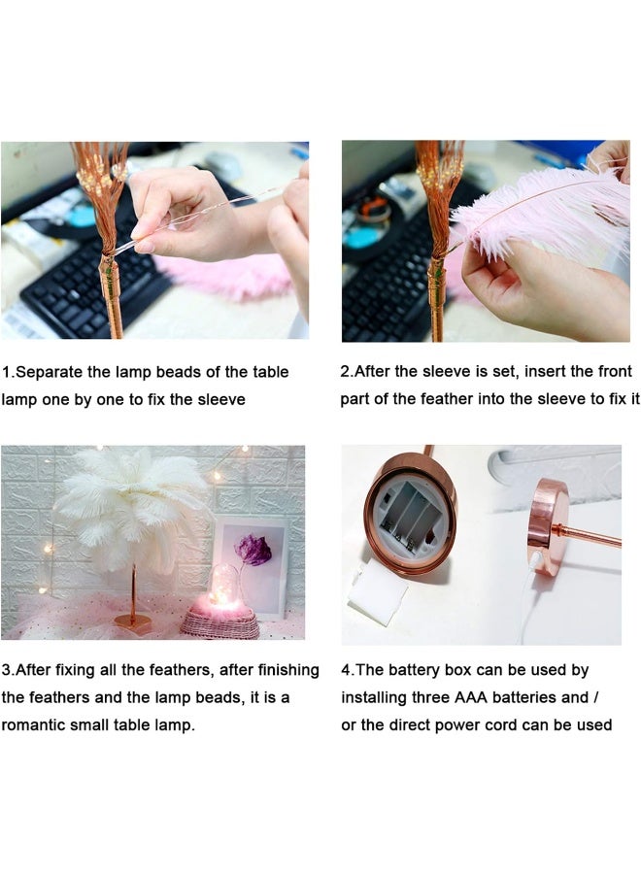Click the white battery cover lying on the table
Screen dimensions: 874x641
click(x=377, y=593)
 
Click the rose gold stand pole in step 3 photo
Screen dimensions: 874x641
click(x=133, y=583)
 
